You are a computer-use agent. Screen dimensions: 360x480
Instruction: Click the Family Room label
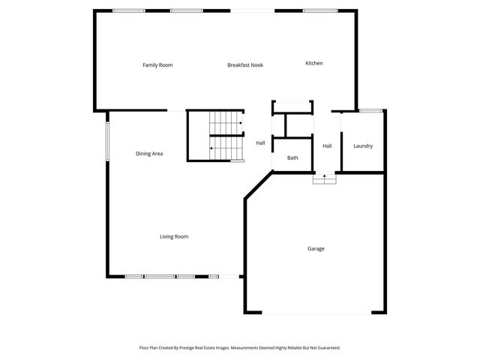(157, 65)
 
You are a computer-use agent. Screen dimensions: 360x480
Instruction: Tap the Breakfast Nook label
(245, 65)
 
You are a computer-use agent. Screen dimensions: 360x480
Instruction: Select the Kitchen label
(313, 63)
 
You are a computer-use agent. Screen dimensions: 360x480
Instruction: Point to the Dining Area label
(149, 154)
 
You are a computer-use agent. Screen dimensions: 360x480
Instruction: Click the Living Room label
(174, 236)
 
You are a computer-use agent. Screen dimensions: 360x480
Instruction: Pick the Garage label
(316, 248)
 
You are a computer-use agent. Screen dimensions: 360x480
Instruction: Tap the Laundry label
(363, 146)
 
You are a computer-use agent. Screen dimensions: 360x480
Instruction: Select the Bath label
(292, 157)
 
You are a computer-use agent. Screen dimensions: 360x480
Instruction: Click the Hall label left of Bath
(260, 142)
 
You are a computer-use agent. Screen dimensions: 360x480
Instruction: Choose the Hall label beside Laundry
(327, 146)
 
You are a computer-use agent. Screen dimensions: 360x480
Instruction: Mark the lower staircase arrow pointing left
(213, 148)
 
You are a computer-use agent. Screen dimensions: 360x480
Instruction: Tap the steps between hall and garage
(324, 178)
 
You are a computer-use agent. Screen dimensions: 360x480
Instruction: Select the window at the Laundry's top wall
(370, 111)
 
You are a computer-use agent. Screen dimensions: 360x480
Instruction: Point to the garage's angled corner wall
(258, 185)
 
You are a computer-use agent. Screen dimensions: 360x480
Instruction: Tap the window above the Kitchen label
(314, 10)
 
